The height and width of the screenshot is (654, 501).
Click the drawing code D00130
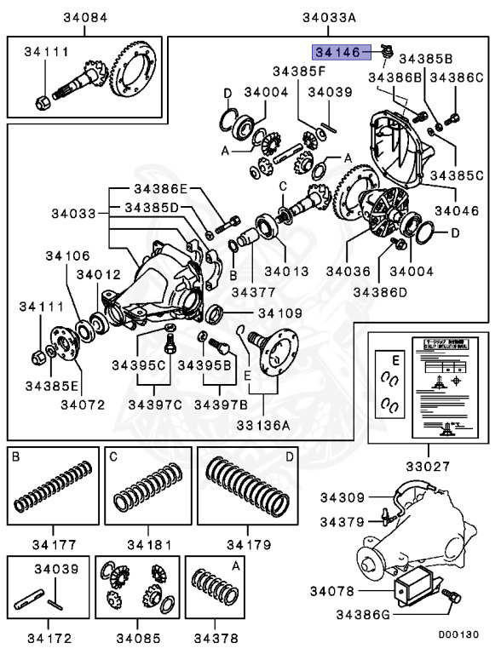(459, 635)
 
